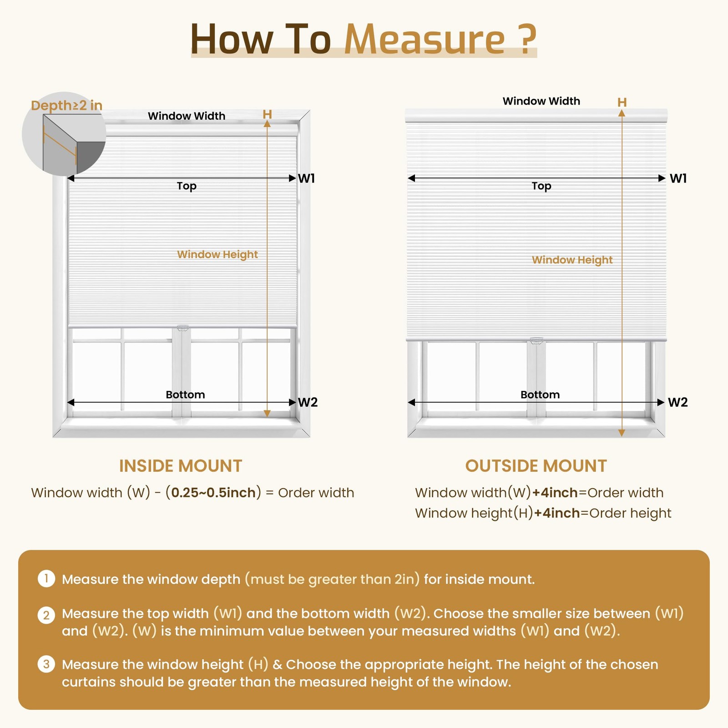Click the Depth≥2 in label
pos(66,106)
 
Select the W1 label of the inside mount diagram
pos(306,178)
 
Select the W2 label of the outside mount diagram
pos(677,402)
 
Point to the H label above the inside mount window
pos(267,114)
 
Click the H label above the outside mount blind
pos(622,102)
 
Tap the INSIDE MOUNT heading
pos(181,466)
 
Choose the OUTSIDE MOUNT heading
pos(536,466)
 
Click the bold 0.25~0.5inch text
pos(213,493)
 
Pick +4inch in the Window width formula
pos(555,493)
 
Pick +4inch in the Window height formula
pos(557,513)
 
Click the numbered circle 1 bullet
pos(46,579)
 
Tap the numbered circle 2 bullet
pos(46,615)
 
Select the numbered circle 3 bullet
pos(46,664)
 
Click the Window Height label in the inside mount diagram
pos(217,254)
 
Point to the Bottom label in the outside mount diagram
pos(540,394)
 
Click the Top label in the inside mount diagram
pos(187,186)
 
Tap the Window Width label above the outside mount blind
pos(541,101)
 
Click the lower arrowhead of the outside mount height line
pos(622,433)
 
